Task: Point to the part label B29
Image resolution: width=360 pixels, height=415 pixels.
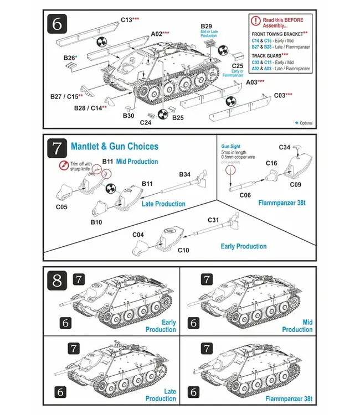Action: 206,26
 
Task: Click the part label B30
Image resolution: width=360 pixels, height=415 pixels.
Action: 128,116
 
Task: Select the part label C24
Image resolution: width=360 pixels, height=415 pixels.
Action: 146,122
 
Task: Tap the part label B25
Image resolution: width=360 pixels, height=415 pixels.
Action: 178,117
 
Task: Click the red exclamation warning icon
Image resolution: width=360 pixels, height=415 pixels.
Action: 255,21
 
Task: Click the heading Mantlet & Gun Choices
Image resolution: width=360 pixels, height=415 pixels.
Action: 115,147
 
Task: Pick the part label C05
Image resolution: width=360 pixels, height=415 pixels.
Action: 62,207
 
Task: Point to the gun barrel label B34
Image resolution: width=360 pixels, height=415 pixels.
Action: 185,174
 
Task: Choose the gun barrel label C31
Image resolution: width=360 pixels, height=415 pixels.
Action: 213,220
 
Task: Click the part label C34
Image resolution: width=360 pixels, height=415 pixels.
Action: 284,147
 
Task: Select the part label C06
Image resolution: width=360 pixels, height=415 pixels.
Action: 244,195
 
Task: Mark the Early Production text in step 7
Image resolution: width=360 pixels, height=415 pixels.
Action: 244,246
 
